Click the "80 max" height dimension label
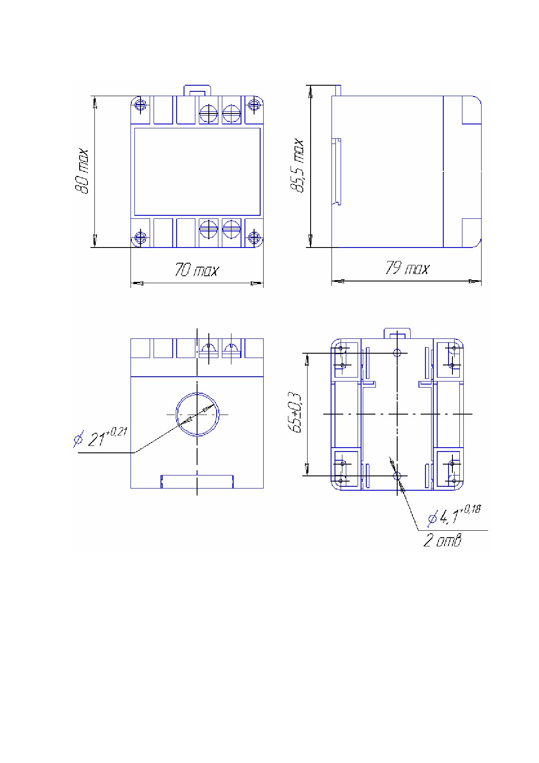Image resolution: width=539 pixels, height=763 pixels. pyautogui.click(x=82, y=171)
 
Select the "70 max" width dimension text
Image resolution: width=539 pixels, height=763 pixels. pyautogui.click(x=196, y=270)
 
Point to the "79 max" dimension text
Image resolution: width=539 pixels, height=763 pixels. pyautogui.click(x=407, y=268)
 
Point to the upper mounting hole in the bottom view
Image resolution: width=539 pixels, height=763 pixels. pyautogui.click(x=397, y=352)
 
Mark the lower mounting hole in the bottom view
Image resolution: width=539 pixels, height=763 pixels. pyautogui.click(x=397, y=476)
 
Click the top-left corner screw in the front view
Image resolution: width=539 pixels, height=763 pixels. pyautogui.click(x=140, y=105)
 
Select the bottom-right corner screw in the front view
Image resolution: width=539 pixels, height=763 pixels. pyautogui.click(x=254, y=237)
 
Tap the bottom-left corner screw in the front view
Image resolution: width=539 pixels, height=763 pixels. pyautogui.click(x=140, y=237)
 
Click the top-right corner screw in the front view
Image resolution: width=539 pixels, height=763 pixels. pyautogui.click(x=254, y=105)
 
